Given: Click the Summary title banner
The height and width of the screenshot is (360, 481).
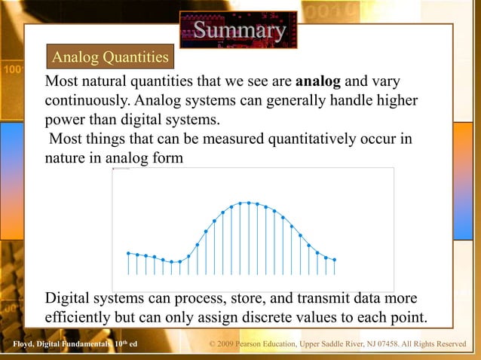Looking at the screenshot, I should point(238,30).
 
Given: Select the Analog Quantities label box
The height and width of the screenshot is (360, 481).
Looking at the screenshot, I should point(109,57).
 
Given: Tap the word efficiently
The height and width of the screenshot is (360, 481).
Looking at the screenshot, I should point(82,317).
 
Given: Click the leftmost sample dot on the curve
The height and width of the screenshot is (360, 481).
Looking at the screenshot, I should point(128,253).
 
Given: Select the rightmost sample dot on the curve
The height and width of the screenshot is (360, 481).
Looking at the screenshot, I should point(334,260).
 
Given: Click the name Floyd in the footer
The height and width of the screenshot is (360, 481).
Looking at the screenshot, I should point(25,345).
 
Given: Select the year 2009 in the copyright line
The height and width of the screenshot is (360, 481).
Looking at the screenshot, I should point(228,345).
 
